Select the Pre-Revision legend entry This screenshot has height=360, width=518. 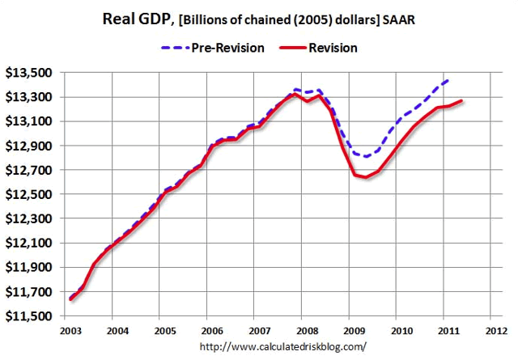coord(212,48)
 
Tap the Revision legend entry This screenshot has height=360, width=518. coord(321,48)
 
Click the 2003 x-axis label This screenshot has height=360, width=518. coord(69,332)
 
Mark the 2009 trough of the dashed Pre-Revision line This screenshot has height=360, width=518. coord(366,156)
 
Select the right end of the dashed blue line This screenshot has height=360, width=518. coord(448,79)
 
